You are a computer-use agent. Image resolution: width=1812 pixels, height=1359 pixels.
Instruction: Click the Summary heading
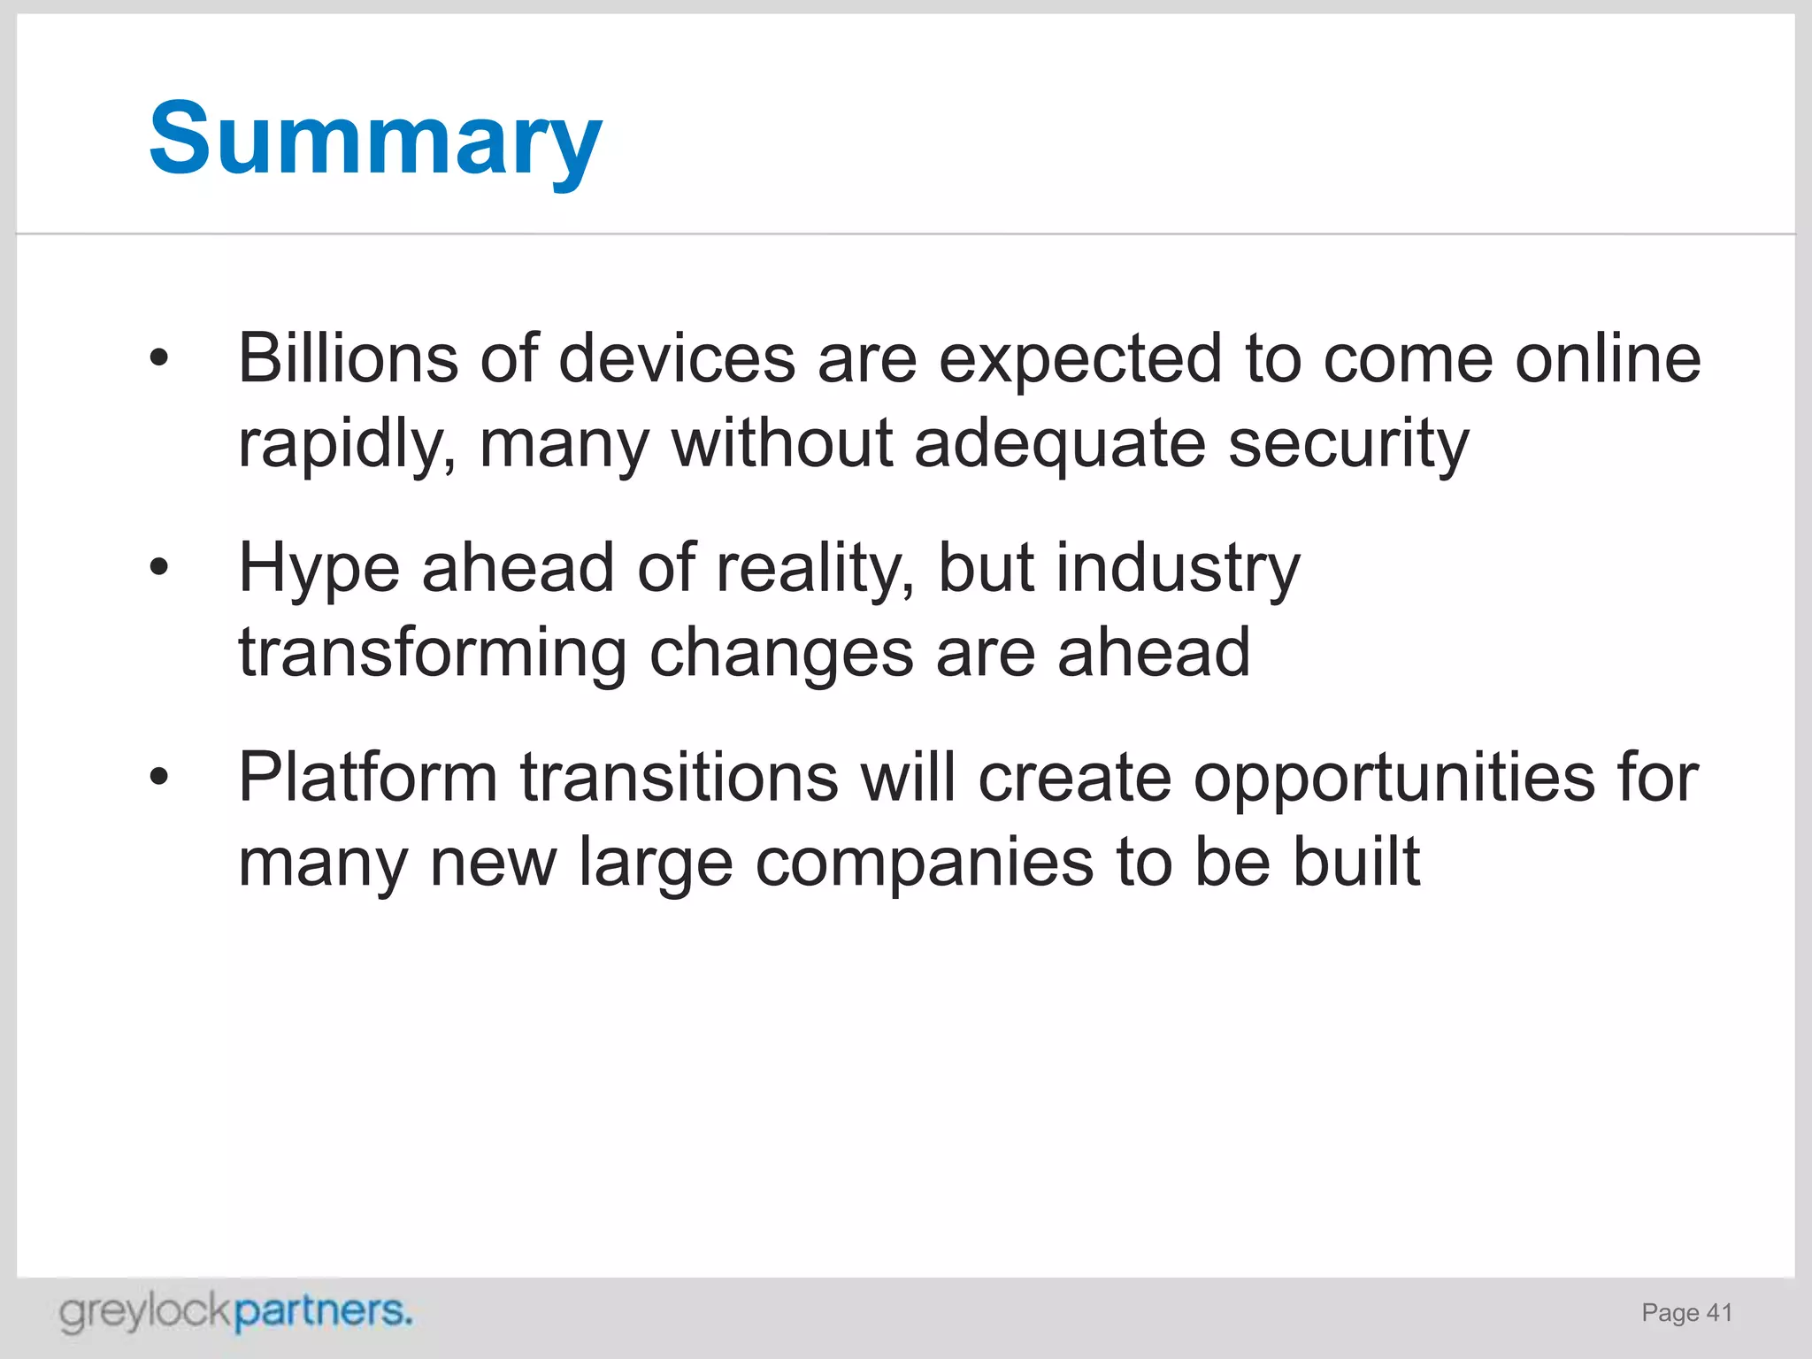[375, 140]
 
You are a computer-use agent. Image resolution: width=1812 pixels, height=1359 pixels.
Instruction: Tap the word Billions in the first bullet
[348, 358]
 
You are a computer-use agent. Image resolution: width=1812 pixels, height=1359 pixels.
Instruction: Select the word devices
[677, 358]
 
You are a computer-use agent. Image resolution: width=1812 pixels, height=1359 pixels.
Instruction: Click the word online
[1608, 358]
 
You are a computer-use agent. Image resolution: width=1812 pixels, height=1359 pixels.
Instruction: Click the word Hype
[319, 569]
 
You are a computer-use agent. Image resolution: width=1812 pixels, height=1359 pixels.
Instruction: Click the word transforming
[432, 653]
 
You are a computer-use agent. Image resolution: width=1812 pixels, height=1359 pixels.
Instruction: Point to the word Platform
[367, 778]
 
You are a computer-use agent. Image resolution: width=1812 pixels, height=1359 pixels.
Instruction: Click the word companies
[924, 863]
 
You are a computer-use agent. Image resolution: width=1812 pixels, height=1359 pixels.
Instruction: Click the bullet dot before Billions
[158, 358]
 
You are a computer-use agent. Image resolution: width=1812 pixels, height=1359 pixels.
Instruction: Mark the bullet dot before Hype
[158, 567]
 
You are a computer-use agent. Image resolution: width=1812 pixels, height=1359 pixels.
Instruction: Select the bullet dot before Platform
[158, 777]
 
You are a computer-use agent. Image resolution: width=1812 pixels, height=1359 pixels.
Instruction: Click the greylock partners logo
[235, 1312]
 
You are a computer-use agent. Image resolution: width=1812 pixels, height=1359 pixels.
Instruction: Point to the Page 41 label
[1686, 1313]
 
